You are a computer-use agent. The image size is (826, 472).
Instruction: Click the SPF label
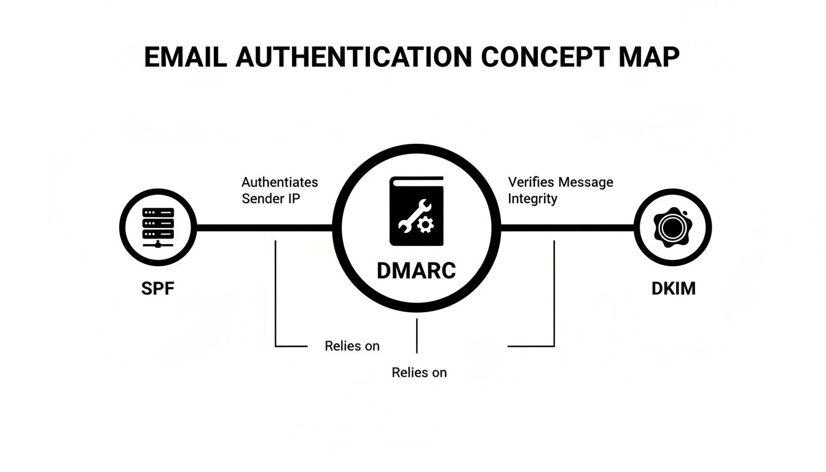[158, 288]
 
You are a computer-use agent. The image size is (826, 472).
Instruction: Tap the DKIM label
[674, 288]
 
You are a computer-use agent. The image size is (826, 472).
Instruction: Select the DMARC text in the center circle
[416, 270]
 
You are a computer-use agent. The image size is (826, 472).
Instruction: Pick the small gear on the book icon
[424, 227]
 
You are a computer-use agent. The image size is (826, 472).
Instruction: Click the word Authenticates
[280, 183]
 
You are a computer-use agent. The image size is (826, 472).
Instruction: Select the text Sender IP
[270, 199]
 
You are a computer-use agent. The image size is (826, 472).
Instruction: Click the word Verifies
[530, 183]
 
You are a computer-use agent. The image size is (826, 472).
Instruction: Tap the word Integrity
[532, 199]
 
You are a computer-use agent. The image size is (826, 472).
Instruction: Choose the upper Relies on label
[352, 346]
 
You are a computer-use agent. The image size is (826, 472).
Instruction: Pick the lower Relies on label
[419, 372]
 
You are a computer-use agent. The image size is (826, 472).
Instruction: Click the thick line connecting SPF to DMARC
[264, 227]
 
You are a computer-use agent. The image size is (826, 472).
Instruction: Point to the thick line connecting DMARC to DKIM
[565, 227]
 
